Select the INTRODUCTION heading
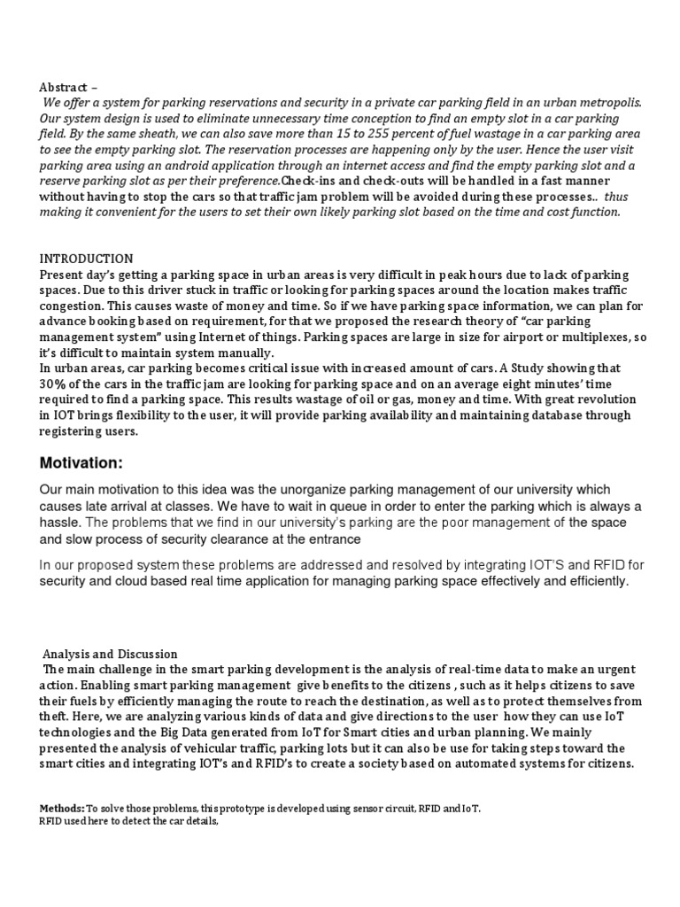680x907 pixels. (86, 259)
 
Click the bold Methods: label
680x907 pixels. (62, 809)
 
